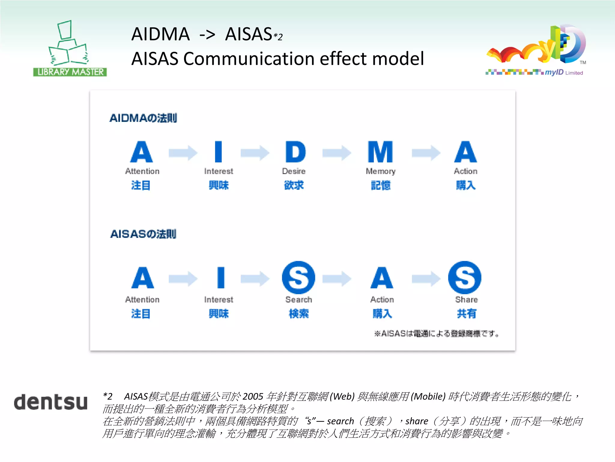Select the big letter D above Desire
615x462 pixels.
(295, 152)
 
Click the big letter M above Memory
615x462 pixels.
(380, 152)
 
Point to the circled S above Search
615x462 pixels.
(298, 277)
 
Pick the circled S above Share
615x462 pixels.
(465, 277)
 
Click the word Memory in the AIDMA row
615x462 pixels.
(380, 171)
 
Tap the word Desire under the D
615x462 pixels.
(294, 171)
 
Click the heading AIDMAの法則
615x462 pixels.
(143, 118)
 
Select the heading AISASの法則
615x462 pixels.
(143, 234)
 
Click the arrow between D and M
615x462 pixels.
(337, 153)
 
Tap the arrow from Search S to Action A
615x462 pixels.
(337, 279)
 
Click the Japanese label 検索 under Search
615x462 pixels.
(298, 313)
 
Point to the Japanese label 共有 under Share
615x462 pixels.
(466, 313)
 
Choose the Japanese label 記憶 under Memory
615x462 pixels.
(380, 185)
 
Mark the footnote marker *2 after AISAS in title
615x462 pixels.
(278, 37)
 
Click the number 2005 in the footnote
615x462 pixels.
(253, 396)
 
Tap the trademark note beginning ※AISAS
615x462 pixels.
(437, 333)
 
